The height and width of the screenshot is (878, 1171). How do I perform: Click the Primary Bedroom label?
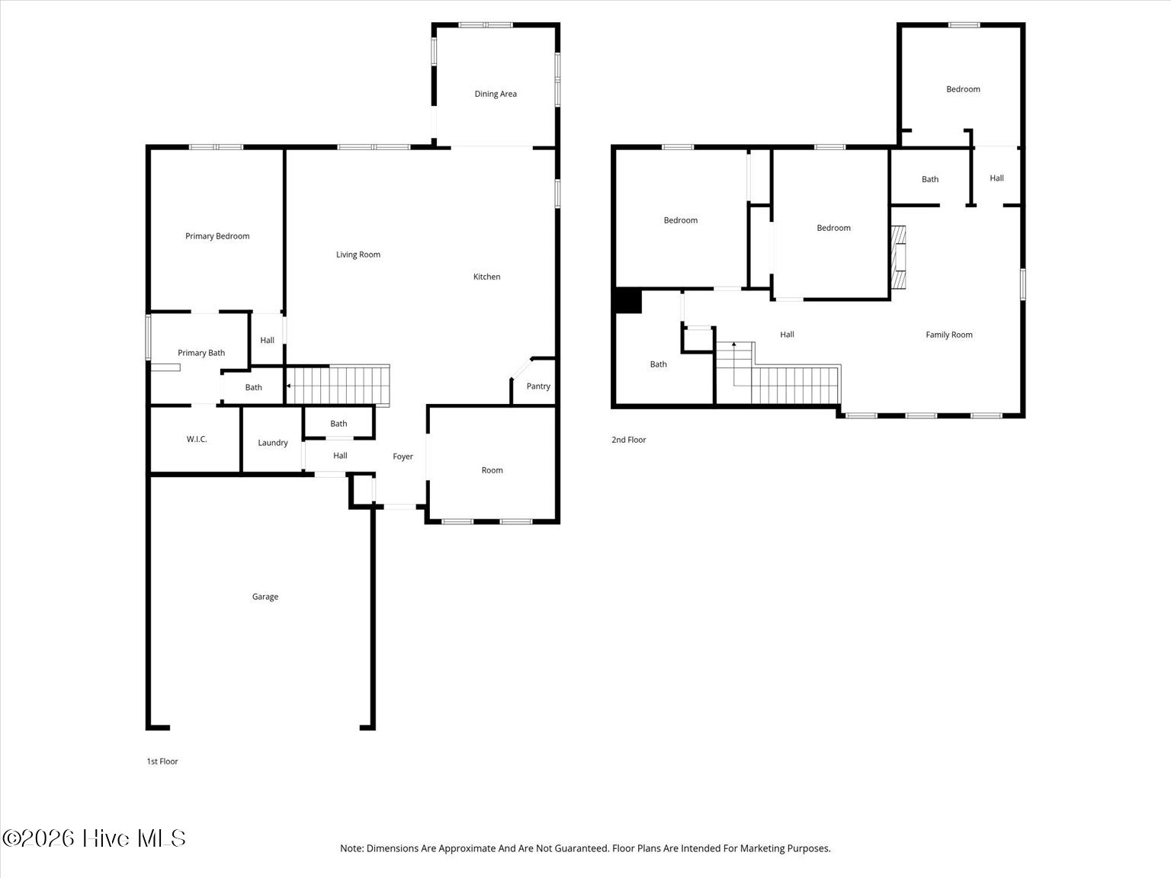pos(217,236)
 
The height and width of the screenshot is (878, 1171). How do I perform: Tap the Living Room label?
pos(358,255)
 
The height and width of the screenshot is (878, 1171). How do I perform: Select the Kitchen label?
pos(486,277)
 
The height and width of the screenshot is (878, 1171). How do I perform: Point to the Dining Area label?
pos(496,94)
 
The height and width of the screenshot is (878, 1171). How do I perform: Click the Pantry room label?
pos(538,386)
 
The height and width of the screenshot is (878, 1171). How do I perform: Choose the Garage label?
pos(265,597)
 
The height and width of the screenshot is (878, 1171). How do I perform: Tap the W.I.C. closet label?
pos(197,439)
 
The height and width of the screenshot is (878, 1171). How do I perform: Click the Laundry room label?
pos(273,443)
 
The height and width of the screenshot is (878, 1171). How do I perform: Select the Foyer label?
pos(403,457)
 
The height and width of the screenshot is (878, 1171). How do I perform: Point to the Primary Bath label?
pos(201,353)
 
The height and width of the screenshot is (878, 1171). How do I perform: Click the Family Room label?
pos(949,335)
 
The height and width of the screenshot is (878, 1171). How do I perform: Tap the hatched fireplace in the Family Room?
pos(898,257)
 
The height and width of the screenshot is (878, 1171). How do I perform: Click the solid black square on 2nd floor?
pos(628,300)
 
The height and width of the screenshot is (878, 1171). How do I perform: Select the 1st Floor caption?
pos(162,761)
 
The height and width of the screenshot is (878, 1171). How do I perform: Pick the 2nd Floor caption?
pos(628,440)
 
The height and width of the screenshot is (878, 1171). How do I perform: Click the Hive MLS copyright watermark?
pos(94,838)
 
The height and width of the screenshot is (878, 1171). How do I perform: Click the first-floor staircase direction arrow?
pos(289,386)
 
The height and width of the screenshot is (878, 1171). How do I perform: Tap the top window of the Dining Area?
pos(486,25)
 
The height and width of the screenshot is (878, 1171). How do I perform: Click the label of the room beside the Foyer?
pos(492,470)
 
